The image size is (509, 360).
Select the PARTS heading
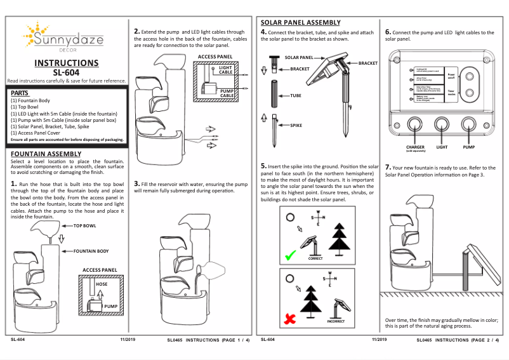coord(23,93)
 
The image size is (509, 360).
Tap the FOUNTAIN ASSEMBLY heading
coord(46,154)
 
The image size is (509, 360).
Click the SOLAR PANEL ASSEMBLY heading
coord(301,22)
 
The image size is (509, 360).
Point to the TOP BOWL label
coord(85,225)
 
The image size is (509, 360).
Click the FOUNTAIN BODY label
coord(91,251)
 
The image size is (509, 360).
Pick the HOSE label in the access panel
coord(102,284)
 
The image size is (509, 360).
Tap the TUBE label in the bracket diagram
coord(296,95)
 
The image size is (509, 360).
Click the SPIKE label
coord(296,126)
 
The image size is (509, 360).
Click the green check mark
coord(290,256)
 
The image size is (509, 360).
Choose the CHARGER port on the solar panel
coord(415,125)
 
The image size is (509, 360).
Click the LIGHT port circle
coord(442,125)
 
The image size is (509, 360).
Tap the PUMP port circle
coord(469,125)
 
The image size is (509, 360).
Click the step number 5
coord(263,166)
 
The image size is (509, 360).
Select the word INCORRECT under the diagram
coord(336,321)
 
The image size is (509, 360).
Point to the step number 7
coord(388,166)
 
